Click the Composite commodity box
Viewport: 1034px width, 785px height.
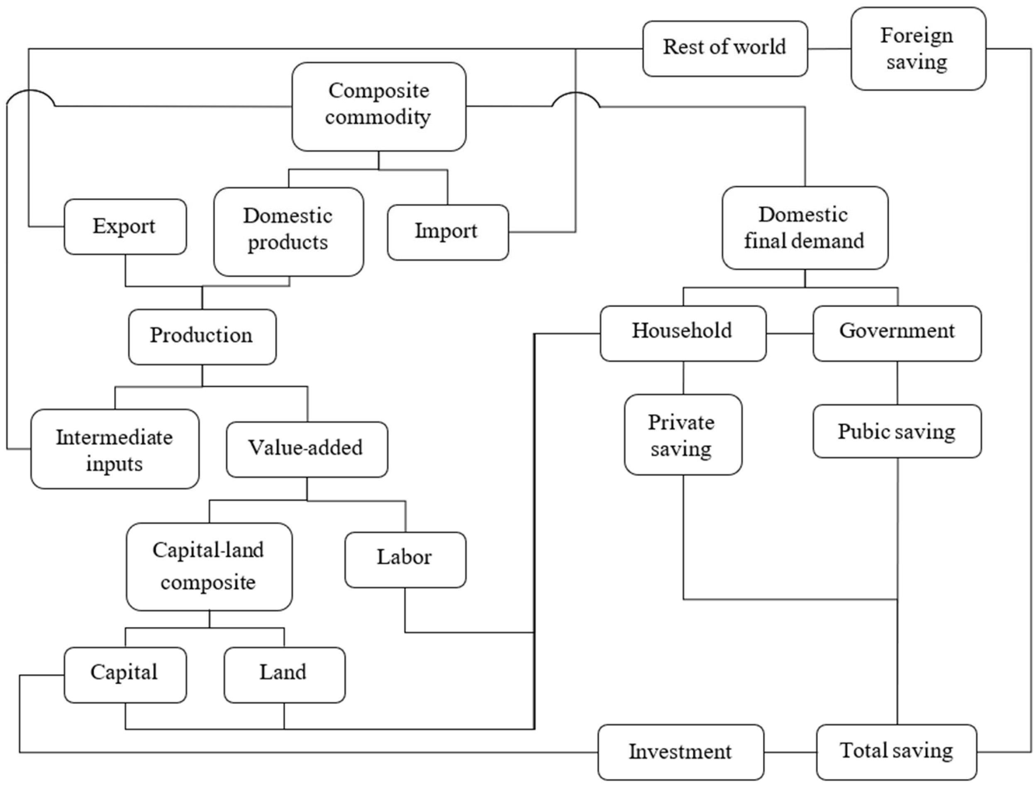tap(379, 107)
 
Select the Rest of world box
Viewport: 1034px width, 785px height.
tap(724, 48)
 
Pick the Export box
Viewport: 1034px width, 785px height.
tap(125, 227)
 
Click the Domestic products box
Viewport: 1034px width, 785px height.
tap(288, 232)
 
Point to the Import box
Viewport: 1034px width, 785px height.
tap(447, 232)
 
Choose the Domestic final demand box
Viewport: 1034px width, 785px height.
tap(805, 228)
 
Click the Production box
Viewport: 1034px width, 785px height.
tap(202, 336)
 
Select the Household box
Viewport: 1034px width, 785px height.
tap(683, 333)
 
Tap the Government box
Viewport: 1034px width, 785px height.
tap(897, 333)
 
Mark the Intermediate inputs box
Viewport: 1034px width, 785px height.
tap(115, 449)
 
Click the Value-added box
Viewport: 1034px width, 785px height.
tap(307, 449)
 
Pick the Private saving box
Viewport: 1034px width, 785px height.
tap(683, 435)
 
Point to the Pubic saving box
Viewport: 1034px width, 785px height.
tap(897, 431)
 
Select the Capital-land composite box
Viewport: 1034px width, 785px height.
tap(209, 567)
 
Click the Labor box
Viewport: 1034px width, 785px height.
tap(405, 560)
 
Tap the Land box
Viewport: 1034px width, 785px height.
tap(284, 675)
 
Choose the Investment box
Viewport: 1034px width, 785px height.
tap(680, 752)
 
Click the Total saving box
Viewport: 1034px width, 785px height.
tap(896, 752)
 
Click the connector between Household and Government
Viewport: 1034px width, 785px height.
tap(790, 333)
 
